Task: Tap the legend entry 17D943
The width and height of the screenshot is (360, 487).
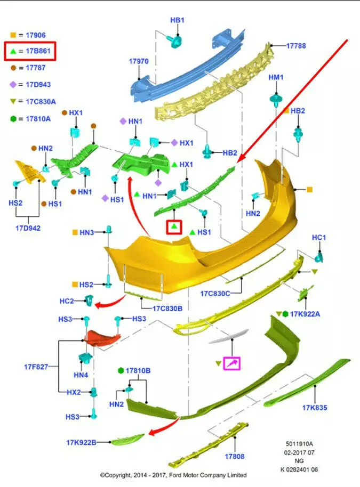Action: click(x=33, y=84)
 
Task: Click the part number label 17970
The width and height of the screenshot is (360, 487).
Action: click(x=138, y=62)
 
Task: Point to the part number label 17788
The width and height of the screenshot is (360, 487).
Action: click(x=296, y=46)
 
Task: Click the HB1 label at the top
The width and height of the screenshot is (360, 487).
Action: click(x=177, y=20)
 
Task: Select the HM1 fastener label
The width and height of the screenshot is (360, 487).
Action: click(x=276, y=77)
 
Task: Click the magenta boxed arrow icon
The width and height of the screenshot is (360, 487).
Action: click(x=232, y=363)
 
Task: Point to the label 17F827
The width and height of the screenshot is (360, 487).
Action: click(x=36, y=367)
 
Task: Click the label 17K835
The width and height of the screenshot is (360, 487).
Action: click(x=314, y=408)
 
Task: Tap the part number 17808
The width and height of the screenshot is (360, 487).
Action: click(x=234, y=457)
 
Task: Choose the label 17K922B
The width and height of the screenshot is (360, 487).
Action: click(x=81, y=442)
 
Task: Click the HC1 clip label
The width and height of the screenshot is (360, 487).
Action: click(x=319, y=237)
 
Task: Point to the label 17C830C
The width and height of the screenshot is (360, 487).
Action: click(x=215, y=293)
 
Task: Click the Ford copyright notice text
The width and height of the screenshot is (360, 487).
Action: click(x=173, y=475)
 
